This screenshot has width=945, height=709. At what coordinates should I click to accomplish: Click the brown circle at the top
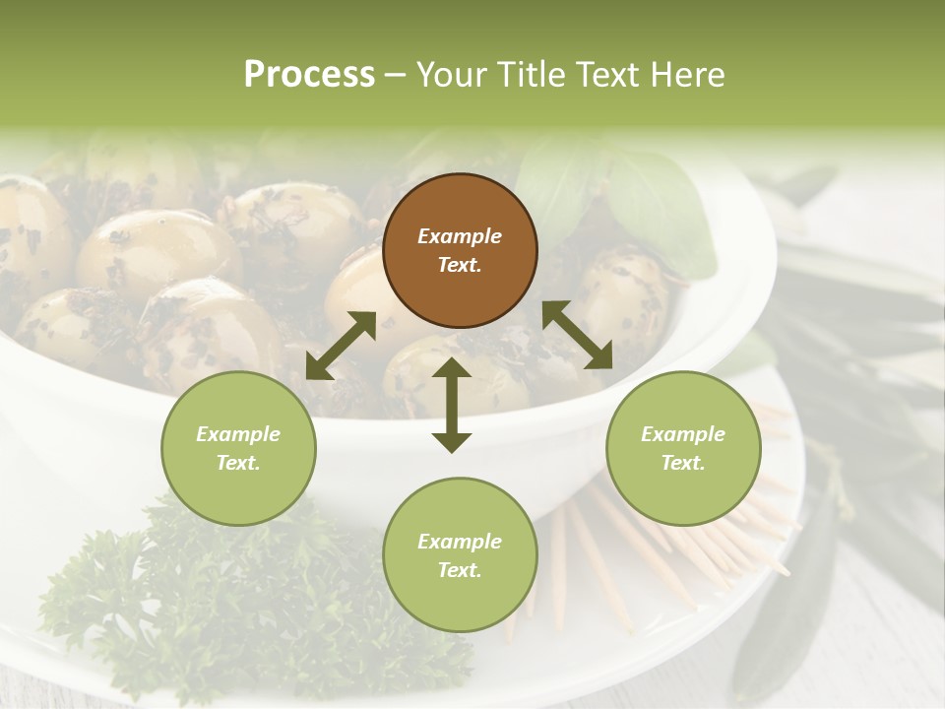(460, 251)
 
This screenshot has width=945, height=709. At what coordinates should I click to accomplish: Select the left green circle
(238, 449)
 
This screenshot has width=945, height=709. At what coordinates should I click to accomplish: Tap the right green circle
(683, 449)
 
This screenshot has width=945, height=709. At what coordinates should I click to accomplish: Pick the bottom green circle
(460, 555)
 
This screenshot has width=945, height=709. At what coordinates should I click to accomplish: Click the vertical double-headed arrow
(452, 405)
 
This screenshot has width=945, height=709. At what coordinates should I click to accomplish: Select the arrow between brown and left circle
(341, 346)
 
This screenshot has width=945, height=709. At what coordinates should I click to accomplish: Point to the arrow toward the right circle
(578, 335)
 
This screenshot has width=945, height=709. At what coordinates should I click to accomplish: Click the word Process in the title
(309, 75)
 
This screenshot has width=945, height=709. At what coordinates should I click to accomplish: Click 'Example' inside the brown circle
(460, 236)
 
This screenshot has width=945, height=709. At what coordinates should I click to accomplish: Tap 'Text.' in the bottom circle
(460, 570)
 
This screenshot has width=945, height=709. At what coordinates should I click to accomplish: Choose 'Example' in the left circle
(238, 434)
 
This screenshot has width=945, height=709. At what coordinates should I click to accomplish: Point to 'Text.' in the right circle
(683, 463)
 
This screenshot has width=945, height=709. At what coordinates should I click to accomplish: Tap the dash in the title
(396, 75)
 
